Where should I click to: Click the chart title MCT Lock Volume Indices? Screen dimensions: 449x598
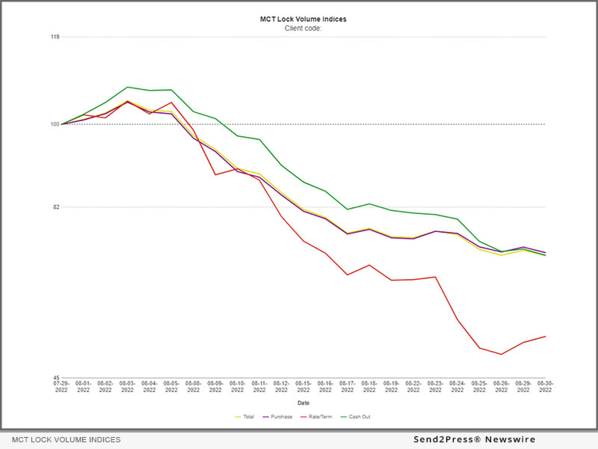pos(303,19)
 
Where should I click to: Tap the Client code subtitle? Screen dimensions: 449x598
pos(303,28)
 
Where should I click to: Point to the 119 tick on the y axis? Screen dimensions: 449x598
pos(55,37)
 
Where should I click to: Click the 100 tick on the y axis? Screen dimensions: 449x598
pos(55,124)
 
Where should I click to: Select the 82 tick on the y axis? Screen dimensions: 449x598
pos(55,207)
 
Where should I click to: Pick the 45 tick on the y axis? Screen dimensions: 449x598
pos(55,378)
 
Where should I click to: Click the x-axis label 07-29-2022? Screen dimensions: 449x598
pos(61,386)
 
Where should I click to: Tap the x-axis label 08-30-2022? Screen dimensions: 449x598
pos(545,386)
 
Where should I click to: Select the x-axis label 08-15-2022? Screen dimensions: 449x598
pos(303,386)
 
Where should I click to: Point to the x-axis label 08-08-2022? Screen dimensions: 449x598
pos(194,386)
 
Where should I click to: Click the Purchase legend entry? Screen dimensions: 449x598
pos(278,416)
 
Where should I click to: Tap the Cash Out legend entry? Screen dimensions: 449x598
pos(357,416)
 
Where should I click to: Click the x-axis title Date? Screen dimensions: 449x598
pos(303,403)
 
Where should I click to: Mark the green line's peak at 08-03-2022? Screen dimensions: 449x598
pos(128,87)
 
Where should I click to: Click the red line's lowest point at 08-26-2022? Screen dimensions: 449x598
pos(501,354)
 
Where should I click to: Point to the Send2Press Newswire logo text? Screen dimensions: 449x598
pos(474,440)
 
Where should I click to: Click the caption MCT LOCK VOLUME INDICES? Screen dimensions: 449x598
pos(66,440)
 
